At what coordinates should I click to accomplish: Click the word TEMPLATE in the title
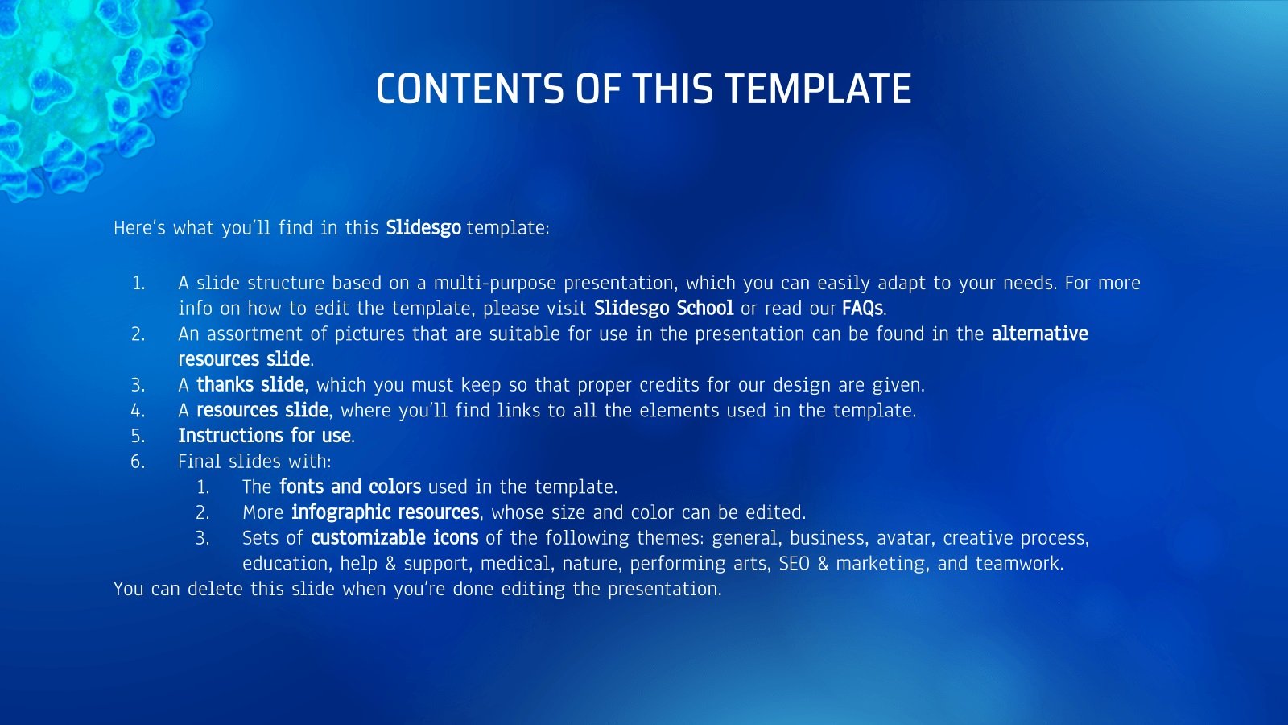point(818,89)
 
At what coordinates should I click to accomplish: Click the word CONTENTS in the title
point(470,89)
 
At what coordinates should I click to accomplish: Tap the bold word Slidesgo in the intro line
point(423,228)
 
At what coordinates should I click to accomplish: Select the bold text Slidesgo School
point(663,309)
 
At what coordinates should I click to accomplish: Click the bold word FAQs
point(862,309)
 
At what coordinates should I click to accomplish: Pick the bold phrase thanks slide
point(250,384)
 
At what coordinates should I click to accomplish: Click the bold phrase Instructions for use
point(265,436)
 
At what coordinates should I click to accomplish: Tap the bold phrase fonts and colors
point(350,487)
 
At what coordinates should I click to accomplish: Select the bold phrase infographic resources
point(386,512)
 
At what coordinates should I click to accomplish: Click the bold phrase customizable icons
point(394,537)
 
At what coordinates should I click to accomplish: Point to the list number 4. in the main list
point(138,410)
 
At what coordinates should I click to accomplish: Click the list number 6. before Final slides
point(138,462)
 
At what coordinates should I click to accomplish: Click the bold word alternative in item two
point(1039,333)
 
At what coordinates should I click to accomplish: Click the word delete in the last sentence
point(215,589)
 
